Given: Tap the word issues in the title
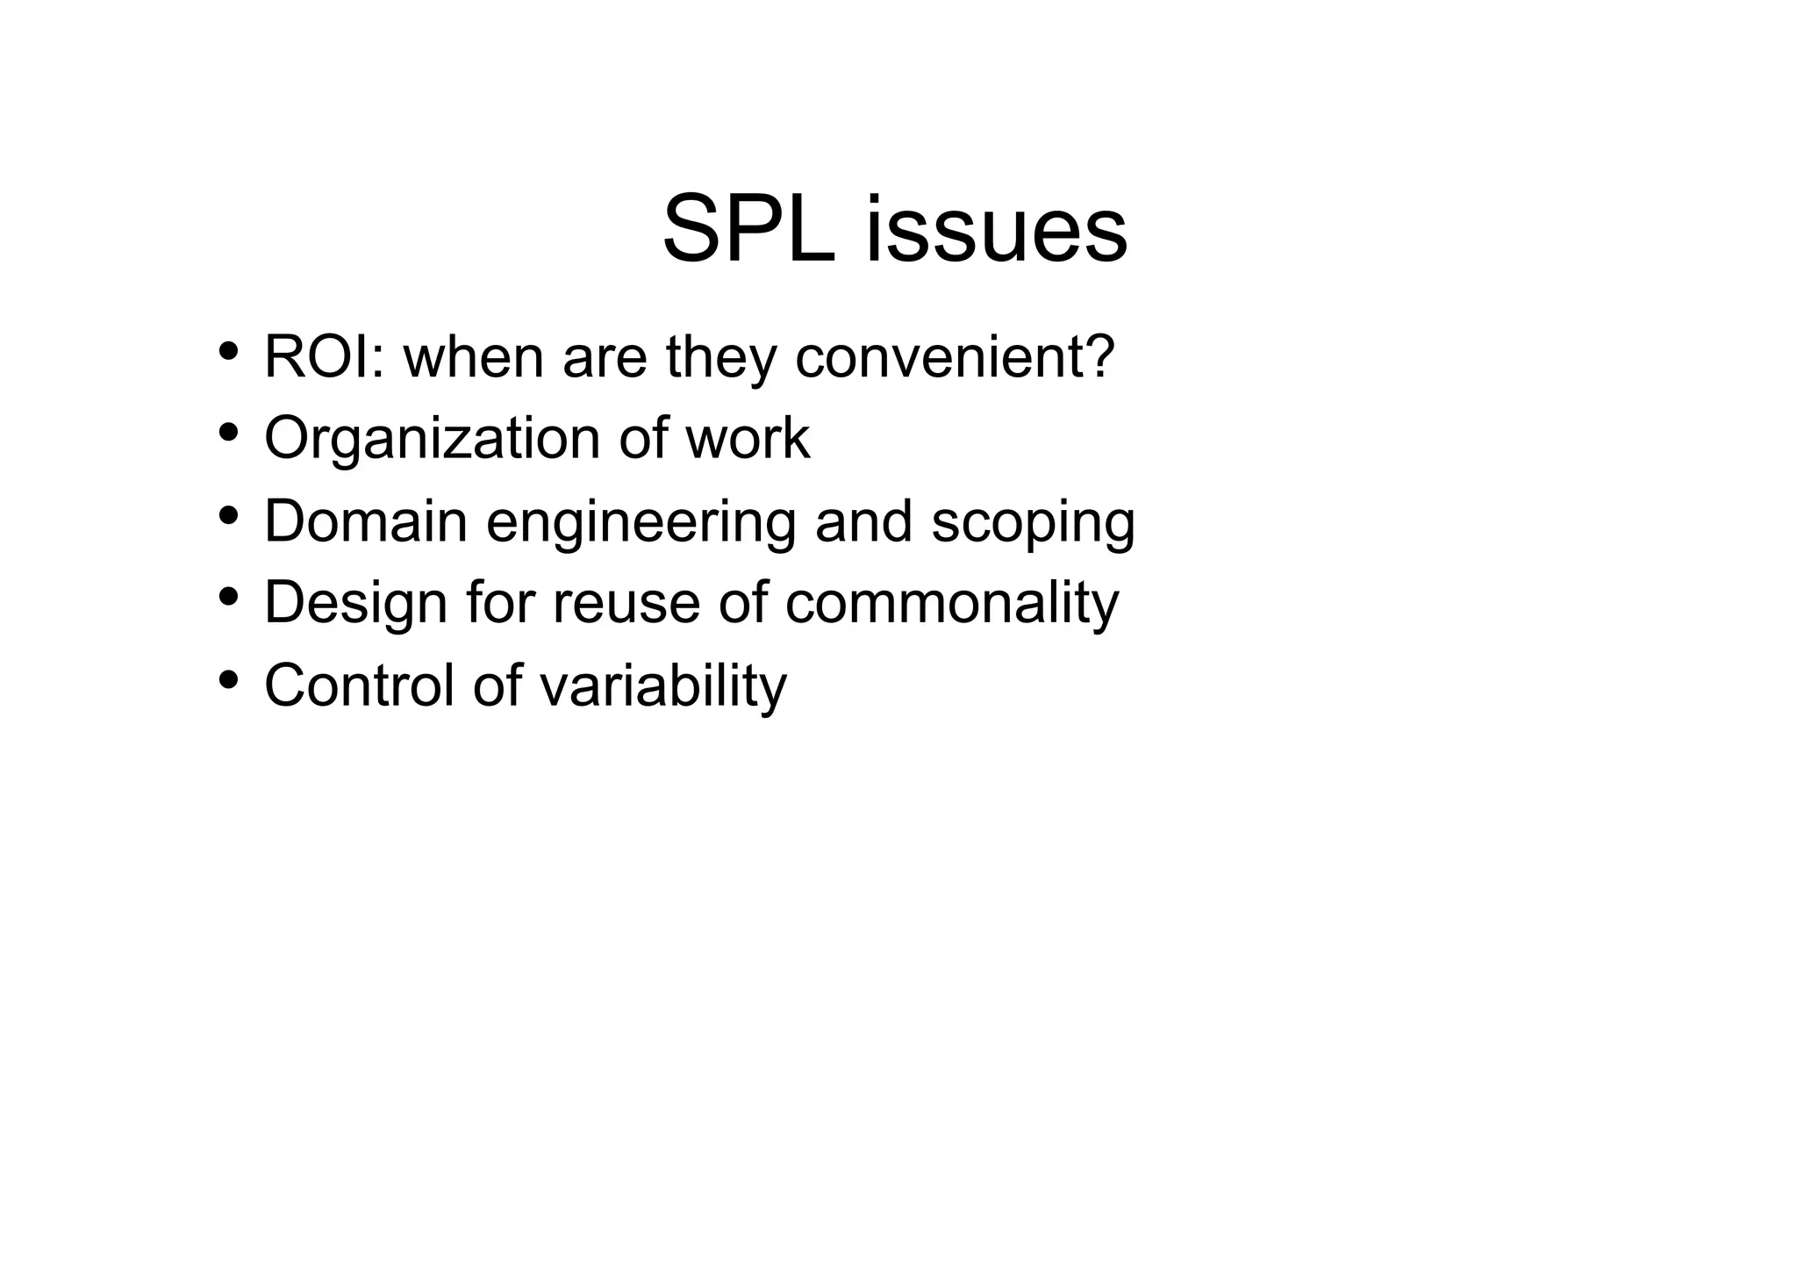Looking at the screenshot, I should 996,230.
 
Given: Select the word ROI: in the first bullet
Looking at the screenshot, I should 324,357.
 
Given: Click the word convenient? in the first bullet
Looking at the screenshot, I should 955,357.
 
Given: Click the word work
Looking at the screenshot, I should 748,439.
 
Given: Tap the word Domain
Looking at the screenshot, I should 366,520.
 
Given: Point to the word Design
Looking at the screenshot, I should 356,604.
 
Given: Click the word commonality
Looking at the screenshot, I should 952,604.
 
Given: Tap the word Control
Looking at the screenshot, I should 359,685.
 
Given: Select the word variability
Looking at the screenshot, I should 663,686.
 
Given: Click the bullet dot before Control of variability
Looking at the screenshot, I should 229,678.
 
